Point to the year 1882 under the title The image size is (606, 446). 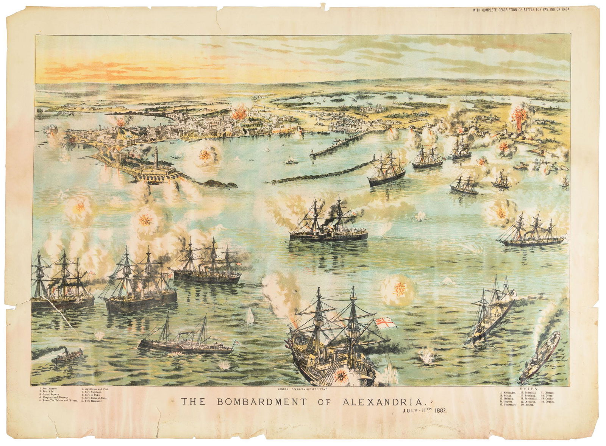point(441,410)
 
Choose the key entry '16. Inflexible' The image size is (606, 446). point(529,393)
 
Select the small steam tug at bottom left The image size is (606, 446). point(67,356)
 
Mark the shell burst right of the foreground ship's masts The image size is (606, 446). point(397,289)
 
